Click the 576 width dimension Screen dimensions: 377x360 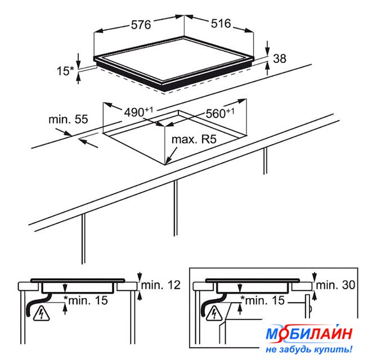[x=141, y=25]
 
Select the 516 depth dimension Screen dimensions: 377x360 [x=221, y=24]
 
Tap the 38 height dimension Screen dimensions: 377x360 [x=280, y=58]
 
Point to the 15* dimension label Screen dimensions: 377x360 [x=65, y=71]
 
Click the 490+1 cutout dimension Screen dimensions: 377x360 [x=138, y=112]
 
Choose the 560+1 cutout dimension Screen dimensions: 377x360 [x=220, y=113]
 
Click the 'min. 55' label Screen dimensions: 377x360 [x=68, y=119]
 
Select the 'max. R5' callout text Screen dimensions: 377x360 [x=194, y=139]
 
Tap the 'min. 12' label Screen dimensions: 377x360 [x=160, y=285]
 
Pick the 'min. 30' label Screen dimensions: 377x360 [x=335, y=285]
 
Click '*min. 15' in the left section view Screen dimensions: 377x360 [x=86, y=300]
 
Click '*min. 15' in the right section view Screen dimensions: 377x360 [x=263, y=300]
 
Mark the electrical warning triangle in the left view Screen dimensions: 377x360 [x=42, y=314]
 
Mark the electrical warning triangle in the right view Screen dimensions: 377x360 [x=214, y=313]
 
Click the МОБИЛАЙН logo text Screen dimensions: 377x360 [x=309, y=333]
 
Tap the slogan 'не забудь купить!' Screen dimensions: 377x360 [x=309, y=349]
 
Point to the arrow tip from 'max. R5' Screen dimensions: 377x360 [x=166, y=164]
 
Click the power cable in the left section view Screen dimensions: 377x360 [x=38, y=304]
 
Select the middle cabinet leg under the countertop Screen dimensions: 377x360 [x=176, y=208]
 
